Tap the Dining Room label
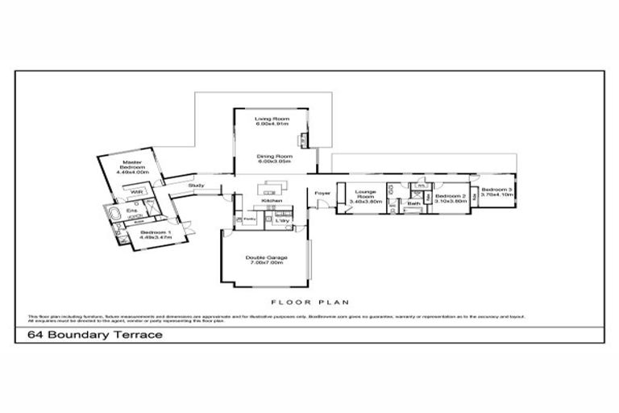pos(272,158)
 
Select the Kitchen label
pos(268,201)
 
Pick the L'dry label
pos(282,219)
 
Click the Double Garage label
pos(266,260)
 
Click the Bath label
pos(413,204)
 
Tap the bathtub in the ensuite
pos(112,214)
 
